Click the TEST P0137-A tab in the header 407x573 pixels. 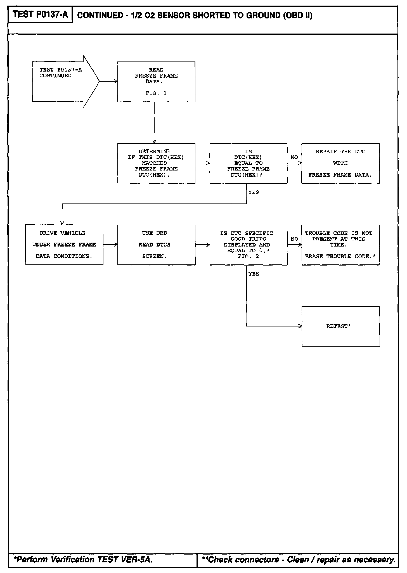(x=40, y=15)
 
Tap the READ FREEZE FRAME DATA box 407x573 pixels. (x=156, y=82)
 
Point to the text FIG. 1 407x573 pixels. (x=156, y=93)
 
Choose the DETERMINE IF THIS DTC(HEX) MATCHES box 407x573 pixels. (x=156, y=163)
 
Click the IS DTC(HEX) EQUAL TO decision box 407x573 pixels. (x=248, y=163)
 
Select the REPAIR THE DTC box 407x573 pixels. (x=340, y=163)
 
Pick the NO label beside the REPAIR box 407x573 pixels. (x=294, y=157)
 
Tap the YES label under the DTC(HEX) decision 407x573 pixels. (x=254, y=192)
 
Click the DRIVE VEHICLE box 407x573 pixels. (x=64, y=245)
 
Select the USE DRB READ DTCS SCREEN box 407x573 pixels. (x=156, y=245)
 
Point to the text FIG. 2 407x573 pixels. (x=248, y=256)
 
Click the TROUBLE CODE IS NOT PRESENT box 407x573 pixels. (x=340, y=245)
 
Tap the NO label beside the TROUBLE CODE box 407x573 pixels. (x=294, y=239)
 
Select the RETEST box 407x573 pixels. (x=340, y=326)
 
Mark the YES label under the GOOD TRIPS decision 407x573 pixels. (x=254, y=274)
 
